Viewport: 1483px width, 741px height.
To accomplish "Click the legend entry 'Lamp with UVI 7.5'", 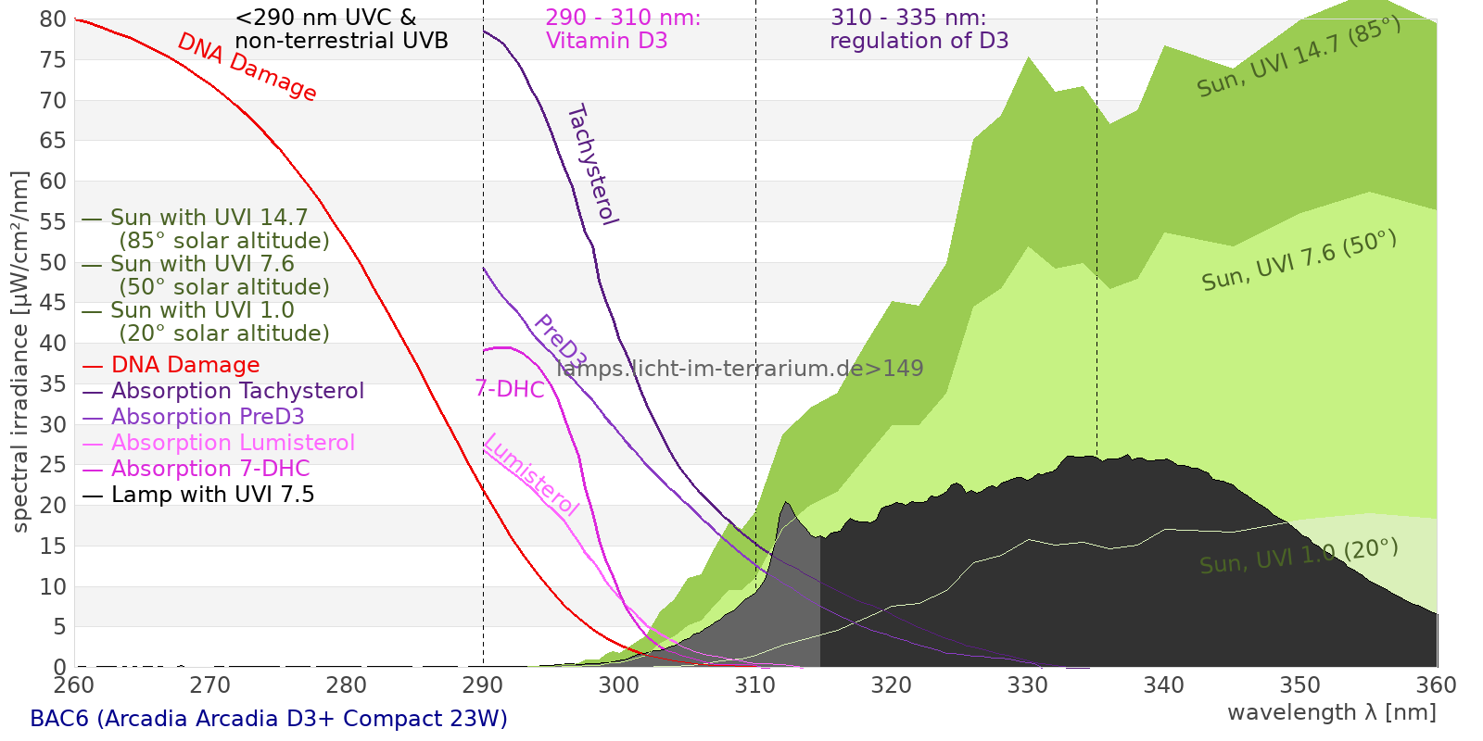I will (212, 495).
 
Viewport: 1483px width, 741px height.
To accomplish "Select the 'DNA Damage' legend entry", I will (184, 365).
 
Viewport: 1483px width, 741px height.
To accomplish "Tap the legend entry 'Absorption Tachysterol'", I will (237, 391).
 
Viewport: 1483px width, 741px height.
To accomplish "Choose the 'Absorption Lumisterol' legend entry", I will (233, 443).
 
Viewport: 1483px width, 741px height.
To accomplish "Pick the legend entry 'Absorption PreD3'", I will (208, 417).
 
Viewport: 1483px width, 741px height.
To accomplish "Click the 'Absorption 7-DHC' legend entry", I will (210, 469).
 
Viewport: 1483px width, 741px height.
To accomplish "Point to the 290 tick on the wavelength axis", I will (483, 685).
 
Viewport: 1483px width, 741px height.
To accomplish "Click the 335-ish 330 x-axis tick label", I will (1028, 685).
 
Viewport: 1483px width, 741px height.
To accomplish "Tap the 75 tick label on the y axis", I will (54, 60).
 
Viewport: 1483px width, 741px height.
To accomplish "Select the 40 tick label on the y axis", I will (54, 344).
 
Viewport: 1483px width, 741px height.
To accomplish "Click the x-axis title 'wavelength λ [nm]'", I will (1331, 712).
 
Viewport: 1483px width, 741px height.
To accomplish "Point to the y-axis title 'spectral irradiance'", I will (20, 352).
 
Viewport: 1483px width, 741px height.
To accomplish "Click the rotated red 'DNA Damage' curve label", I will (247, 68).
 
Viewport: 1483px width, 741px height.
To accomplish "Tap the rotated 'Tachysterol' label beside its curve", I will (591, 165).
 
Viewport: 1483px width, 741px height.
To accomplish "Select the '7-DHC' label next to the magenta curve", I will (510, 389).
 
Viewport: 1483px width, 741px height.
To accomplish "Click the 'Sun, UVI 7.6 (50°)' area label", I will (1299, 261).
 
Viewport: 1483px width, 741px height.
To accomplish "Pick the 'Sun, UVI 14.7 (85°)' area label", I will (1299, 57).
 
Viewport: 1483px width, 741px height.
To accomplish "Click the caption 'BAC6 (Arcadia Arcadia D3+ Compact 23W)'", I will (269, 719).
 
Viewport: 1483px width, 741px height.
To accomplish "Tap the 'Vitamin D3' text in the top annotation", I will (606, 41).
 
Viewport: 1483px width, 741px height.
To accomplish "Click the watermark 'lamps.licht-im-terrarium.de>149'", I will (740, 369).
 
